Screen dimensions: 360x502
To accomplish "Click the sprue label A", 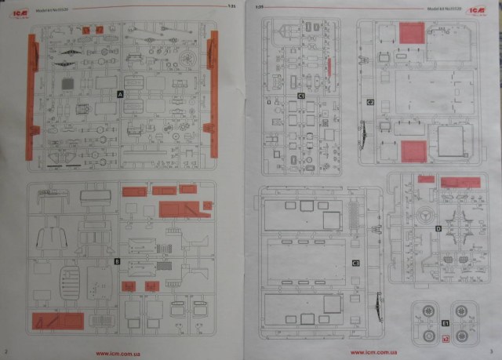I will point(120,93).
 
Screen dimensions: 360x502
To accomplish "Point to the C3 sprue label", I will point(355,264).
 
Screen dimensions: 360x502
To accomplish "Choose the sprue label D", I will point(438,228).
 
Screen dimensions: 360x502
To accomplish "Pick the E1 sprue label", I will point(445,323).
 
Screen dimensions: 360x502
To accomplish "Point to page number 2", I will point(5,351).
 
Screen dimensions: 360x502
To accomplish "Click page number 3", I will point(489,351).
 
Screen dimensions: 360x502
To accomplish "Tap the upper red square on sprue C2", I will point(411,33).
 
